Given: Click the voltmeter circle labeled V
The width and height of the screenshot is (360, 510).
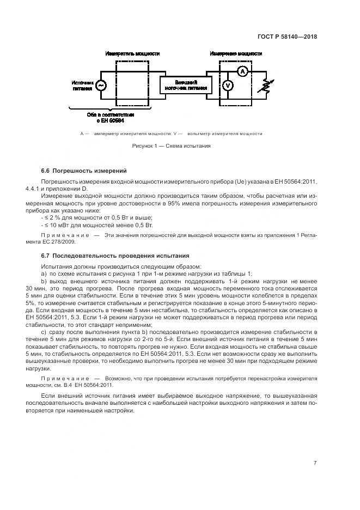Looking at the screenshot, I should tap(229, 86).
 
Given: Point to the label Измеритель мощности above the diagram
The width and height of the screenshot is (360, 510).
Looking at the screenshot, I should tap(132, 54).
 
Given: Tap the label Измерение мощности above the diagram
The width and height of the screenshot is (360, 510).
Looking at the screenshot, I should tap(236, 54).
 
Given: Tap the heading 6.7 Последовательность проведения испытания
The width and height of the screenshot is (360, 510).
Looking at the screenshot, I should tap(115, 255).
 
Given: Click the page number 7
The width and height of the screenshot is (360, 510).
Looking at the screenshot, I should tap(315, 463).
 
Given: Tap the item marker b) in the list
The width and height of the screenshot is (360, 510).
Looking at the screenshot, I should tap(44, 281).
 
